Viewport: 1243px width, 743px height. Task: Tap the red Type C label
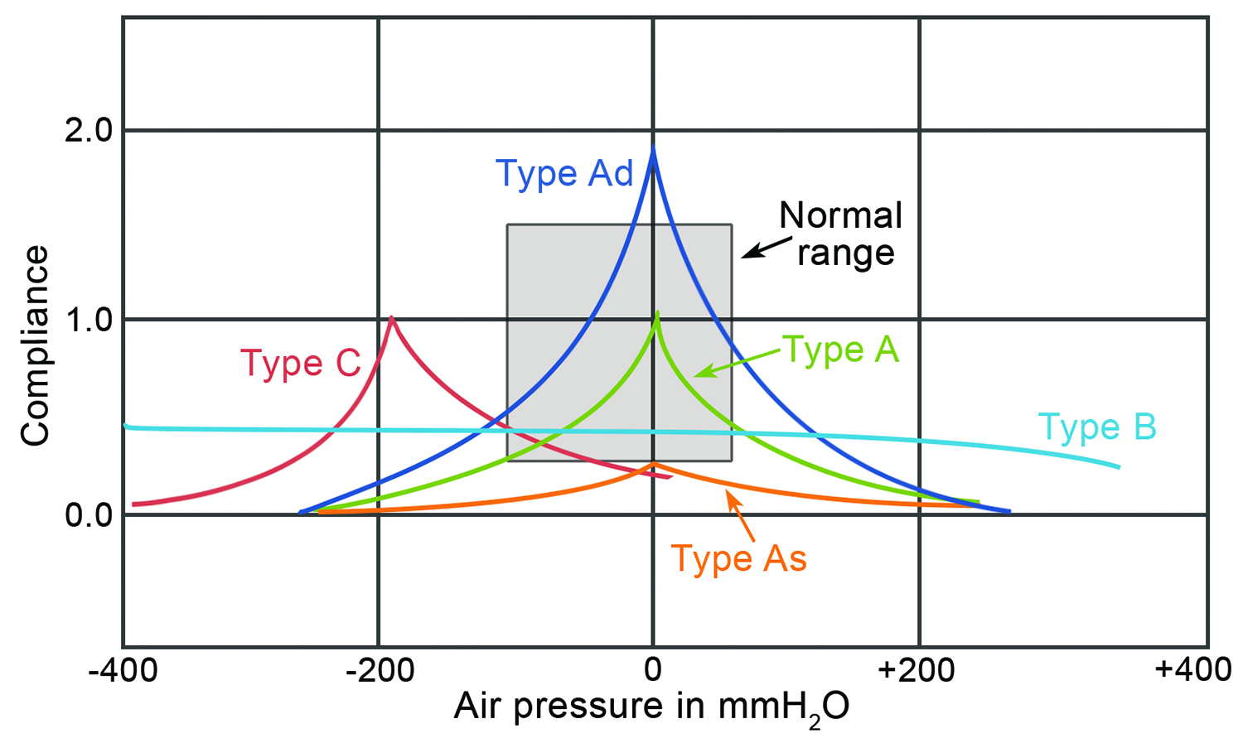point(301,364)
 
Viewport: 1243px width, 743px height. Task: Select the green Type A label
point(840,350)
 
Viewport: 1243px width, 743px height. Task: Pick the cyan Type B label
point(1097,427)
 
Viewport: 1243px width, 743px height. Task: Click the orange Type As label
point(738,559)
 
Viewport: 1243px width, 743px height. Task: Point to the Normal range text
point(841,234)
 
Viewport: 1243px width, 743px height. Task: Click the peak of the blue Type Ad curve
point(653,150)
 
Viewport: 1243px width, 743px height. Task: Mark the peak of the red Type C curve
point(391,318)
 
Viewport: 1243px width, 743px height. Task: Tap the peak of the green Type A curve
point(657,313)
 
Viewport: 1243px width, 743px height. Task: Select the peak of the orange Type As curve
point(654,464)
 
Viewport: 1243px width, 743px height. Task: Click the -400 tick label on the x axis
point(123,670)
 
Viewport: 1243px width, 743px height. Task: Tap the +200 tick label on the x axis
point(917,670)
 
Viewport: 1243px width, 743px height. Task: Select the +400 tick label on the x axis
point(1193,668)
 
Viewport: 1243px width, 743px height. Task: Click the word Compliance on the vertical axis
point(36,345)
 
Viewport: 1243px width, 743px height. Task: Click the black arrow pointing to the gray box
point(760,248)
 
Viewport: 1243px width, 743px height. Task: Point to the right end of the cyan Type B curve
point(1119,467)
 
